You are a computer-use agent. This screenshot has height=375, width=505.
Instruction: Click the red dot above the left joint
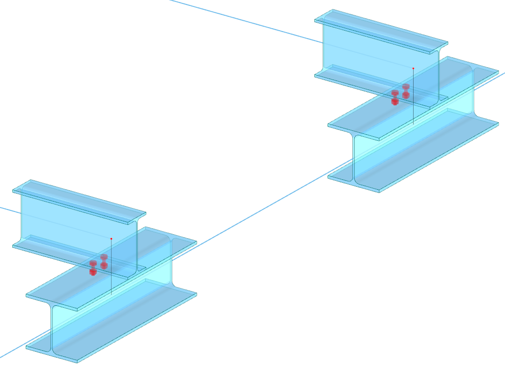point(111,239)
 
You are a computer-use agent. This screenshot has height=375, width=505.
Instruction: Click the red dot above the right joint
point(413,68)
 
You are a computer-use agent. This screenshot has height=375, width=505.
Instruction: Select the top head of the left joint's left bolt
point(93,263)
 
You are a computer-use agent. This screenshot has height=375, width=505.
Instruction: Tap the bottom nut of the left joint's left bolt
point(93,272)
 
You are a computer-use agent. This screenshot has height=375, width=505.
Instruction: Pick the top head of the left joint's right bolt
point(104,257)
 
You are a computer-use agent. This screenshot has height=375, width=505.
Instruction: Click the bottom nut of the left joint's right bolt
point(104,265)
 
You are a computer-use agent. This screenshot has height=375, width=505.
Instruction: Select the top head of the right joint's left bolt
point(395,93)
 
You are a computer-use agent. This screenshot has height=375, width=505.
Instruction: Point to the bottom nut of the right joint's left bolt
point(395,101)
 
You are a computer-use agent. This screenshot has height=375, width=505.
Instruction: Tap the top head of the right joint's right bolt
point(406,86)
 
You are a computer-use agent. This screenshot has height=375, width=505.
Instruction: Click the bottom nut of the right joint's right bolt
point(406,94)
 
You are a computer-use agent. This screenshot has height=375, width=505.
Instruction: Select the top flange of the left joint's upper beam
point(79,198)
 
